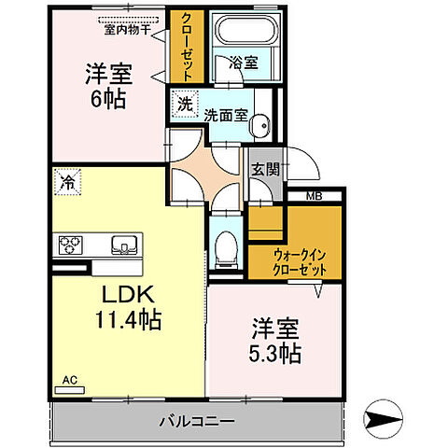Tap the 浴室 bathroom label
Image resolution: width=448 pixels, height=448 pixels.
tap(244, 63)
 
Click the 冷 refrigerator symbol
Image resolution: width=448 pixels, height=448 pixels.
tap(67, 181)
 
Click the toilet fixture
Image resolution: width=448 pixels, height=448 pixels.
tap(225, 248)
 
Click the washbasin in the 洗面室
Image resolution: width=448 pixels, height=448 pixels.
tap(262, 123)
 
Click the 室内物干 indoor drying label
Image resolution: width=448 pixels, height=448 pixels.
tap(129, 28)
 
